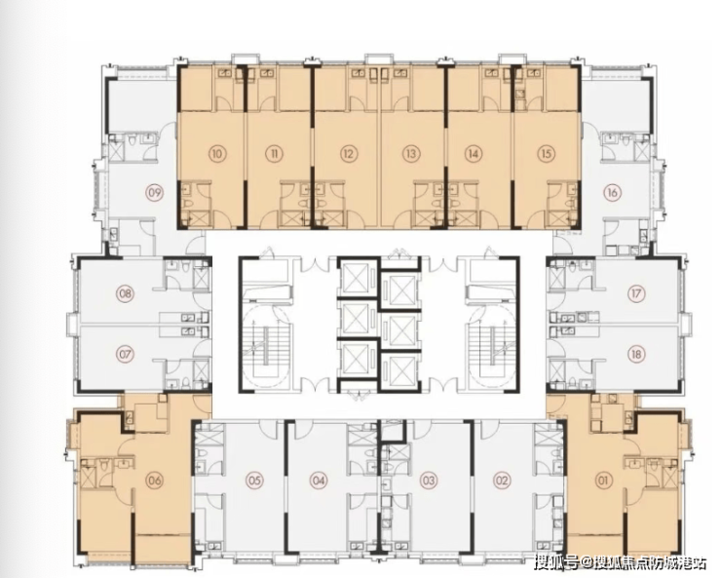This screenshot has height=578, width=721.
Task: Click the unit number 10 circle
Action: pos(217,153)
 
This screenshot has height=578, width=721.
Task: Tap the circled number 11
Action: pos(274,154)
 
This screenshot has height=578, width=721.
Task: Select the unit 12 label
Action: pos(348,154)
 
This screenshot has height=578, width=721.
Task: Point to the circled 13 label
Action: pos(410,154)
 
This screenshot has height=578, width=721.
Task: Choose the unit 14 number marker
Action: pos(473,154)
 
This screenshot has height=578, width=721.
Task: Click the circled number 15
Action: pos(547,154)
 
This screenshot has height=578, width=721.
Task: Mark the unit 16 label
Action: pos(612,192)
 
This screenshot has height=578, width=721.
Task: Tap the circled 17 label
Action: pos(636,293)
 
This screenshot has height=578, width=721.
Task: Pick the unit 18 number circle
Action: pos(636,354)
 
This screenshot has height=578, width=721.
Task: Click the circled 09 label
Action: pos(155,192)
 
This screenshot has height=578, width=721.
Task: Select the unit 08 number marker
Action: pos(125,293)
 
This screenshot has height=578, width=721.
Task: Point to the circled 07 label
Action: pos(125,355)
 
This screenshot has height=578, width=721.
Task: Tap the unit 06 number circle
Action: pos(154,481)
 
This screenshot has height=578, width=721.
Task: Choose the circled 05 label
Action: pos(254,481)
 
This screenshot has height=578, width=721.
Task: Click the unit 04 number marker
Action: pos(319,481)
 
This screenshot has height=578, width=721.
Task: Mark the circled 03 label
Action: pos(429,481)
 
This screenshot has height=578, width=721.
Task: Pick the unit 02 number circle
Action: pos(502,481)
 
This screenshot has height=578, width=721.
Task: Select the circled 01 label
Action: pos(603,481)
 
